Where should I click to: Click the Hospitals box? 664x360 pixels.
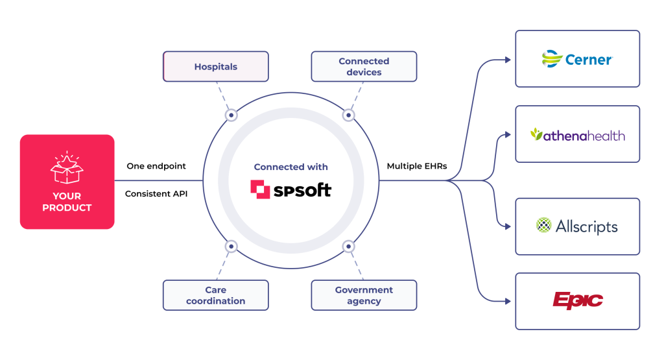[215, 67]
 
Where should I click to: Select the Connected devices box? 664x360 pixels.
[364, 67]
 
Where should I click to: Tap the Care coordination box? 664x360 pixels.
[215, 295]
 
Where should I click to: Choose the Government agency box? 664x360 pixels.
[364, 295]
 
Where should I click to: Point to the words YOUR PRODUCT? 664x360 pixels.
[67, 202]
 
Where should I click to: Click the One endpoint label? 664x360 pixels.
[156, 166]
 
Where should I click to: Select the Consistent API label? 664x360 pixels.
[156, 193]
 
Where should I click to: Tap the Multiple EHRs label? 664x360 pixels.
[416, 166]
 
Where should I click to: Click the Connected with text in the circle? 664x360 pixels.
[290, 167]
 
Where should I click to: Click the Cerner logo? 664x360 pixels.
[577, 59]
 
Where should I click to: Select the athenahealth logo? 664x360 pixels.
[577, 135]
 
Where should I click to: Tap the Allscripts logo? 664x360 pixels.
[577, 226]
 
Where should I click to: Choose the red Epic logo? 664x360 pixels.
[577, 300]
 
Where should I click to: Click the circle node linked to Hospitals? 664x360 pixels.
[231, 115]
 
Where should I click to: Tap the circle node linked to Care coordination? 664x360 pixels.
[231, 246]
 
